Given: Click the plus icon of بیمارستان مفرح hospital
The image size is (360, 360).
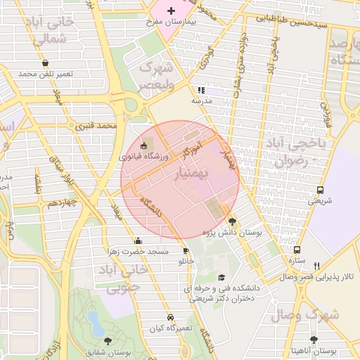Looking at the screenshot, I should tap(171, 11).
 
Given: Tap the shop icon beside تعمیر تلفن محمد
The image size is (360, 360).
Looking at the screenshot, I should tap(46, 63).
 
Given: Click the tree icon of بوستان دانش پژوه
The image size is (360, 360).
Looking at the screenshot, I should tap(233, 221).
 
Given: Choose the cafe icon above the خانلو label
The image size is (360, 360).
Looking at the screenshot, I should tap(186, 250).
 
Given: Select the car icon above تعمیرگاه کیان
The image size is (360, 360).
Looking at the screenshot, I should tap(169, 317).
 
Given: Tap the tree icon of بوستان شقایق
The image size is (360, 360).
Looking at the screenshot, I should tap(108, 341).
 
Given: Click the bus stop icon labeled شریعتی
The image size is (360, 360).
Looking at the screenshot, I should tap(321, 190).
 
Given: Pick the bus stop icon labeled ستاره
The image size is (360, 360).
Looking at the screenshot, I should tap(297, 250).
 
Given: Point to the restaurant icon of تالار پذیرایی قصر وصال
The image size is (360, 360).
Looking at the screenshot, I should tap(316, 266).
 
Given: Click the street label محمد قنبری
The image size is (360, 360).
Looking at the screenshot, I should tap(96, 126).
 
